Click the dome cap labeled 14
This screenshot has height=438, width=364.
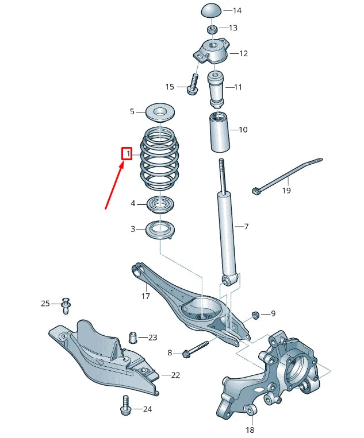pyautogui.click(x=211, y=10)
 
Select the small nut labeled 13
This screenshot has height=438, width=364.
pyautogui.click(x=212, y=29)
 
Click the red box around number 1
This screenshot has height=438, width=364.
pyautogui.click(x=127, y=154)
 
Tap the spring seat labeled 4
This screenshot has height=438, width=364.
pyautogui.click(x=160, y=204)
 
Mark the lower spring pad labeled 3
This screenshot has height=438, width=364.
pyautogui.click(x=160, y=230)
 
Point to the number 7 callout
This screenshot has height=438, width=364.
pyautogui.click(x=246, y=227)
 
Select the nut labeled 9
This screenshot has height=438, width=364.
pyautogui.click(x=254, y=314)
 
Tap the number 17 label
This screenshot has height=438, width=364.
pyautogui.click(x=145, y=297)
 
